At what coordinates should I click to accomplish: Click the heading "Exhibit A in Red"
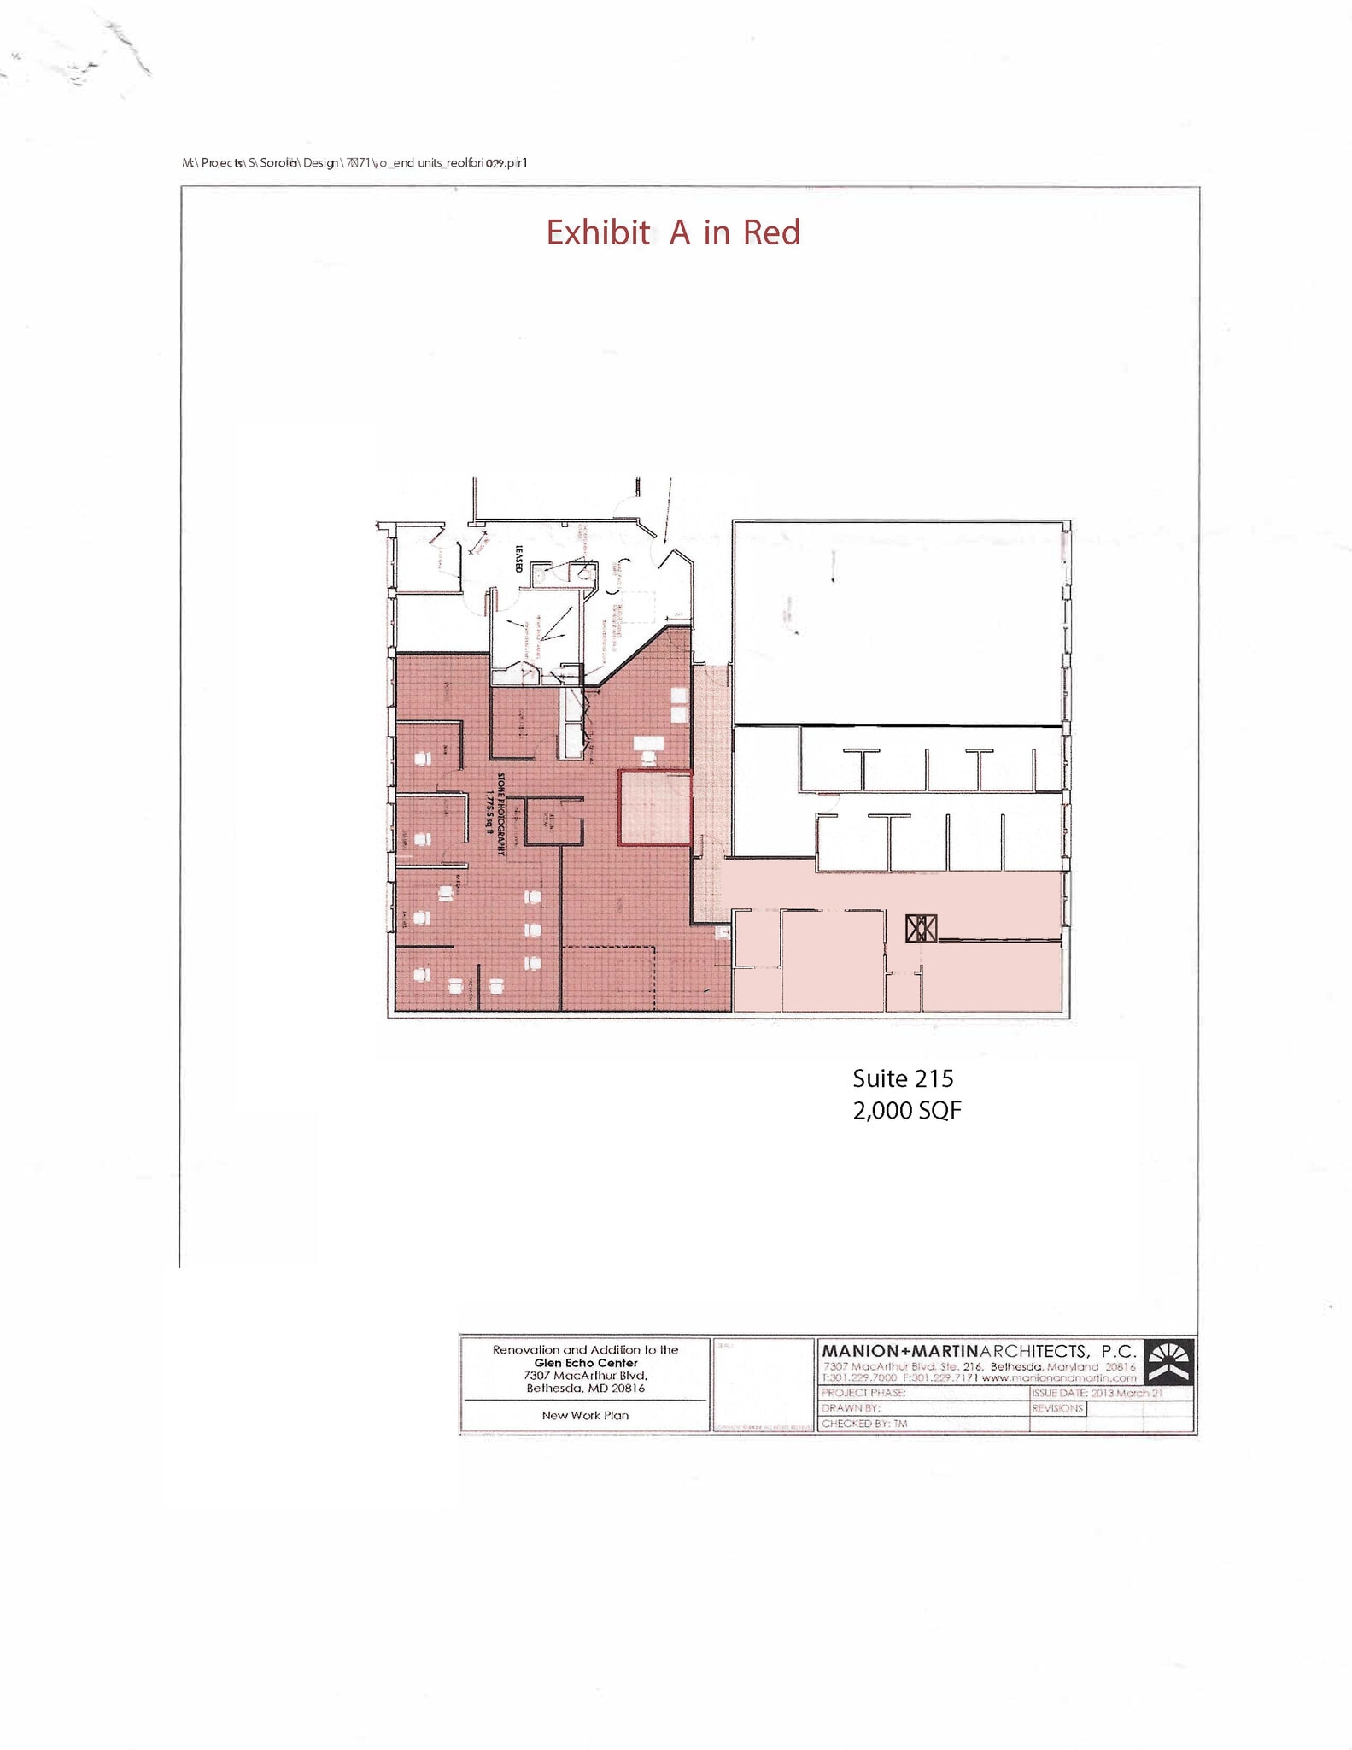(x=673, y=232)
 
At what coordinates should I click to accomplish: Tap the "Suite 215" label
(x=902, y=1078)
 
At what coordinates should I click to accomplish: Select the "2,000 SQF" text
(x=906, y=1111)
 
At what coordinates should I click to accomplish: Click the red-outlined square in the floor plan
(x=654, y=807)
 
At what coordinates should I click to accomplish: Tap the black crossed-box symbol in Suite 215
(x=921, y=928)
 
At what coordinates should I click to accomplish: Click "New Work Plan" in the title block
(x=585, y=1415)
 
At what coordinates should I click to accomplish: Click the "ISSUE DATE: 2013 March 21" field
(x=1097, y=1393)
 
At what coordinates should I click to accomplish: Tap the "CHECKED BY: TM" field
(x=863, y=1424)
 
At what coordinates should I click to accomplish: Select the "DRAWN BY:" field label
(x=850, y=1408)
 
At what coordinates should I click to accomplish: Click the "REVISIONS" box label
(x=1057, y=1408)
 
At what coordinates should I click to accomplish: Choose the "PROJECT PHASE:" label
(x=863, y=1393)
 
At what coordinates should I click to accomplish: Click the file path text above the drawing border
(x=354, y=162)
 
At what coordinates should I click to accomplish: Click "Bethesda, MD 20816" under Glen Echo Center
(x=585, y=1389)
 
